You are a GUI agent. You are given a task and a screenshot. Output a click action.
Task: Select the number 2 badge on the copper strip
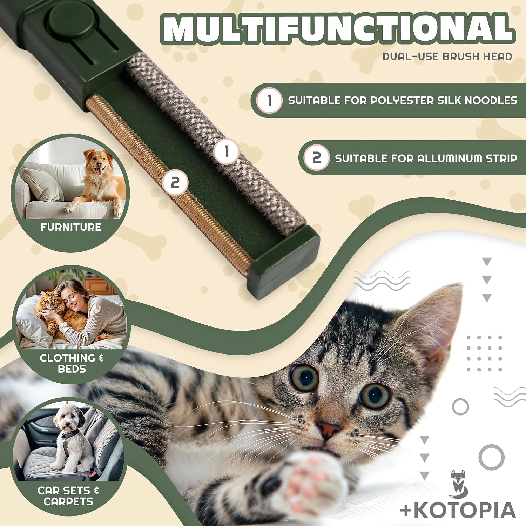[x=175, y=183]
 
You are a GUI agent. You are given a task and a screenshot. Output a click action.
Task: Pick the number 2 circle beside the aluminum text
[x=317, y=158]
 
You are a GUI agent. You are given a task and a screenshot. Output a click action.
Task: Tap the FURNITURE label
[x=71, y=227]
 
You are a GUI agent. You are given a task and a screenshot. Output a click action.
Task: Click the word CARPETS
[x=68, y=501]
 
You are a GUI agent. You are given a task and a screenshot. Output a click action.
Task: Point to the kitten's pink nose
[x=329, y=429]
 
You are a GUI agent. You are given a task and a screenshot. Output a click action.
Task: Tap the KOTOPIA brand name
[x=458, y=510]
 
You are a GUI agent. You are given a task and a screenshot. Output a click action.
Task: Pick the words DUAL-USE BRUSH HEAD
[x=447, y=56]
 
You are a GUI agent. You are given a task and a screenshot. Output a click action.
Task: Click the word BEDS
[x=72, y=369]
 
